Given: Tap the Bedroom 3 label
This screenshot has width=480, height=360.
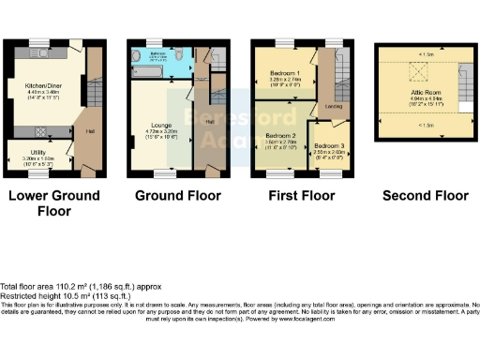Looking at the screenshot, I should point(328,148).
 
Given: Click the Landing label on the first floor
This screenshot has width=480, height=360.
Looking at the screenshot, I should point(333,106).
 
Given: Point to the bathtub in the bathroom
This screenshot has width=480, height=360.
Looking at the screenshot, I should point(150,54).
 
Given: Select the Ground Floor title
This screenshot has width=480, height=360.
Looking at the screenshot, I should point(178,196).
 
